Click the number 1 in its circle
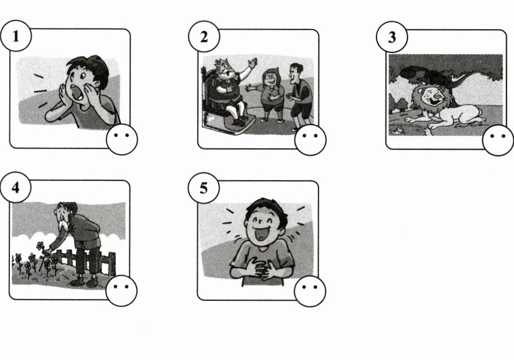pyautogui.click(x=15, y=36)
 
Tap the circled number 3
pyautogui.click(x=392, y=37)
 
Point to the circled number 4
pyautogui.click(x=15, y=187)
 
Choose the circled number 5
pyautogui.click(x=204, y=188)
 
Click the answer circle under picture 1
pyautogui.click(x=122, y=139)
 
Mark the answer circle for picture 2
pyautogui.click(x=310, y=140)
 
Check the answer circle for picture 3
pyautogui.click(x=498, y=140)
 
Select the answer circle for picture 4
pyautogui.click(x=122, y=290)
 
